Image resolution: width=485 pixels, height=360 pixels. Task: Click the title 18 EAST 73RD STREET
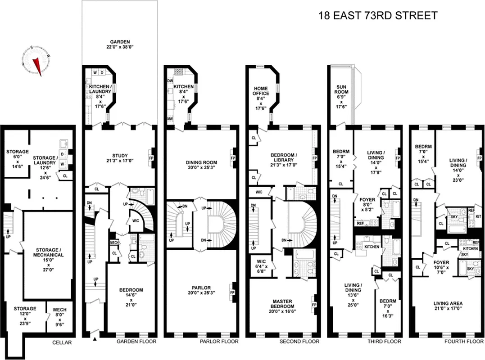pos(377,16)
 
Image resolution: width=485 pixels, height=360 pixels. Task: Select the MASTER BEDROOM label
pos(283,304)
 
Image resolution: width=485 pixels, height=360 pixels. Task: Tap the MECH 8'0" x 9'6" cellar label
pos(60,315)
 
